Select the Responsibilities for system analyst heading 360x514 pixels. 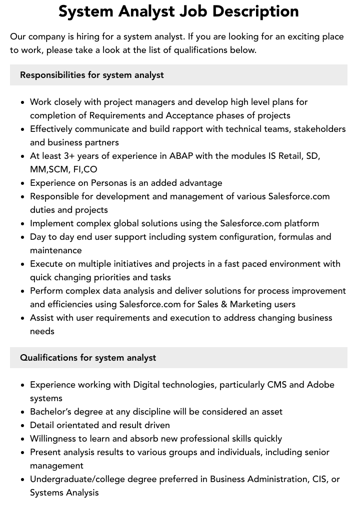click(92, 75)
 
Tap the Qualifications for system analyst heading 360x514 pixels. click(88, 358)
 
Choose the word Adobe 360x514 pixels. click(320, 385)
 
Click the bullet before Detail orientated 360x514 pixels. click(23, 426)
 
